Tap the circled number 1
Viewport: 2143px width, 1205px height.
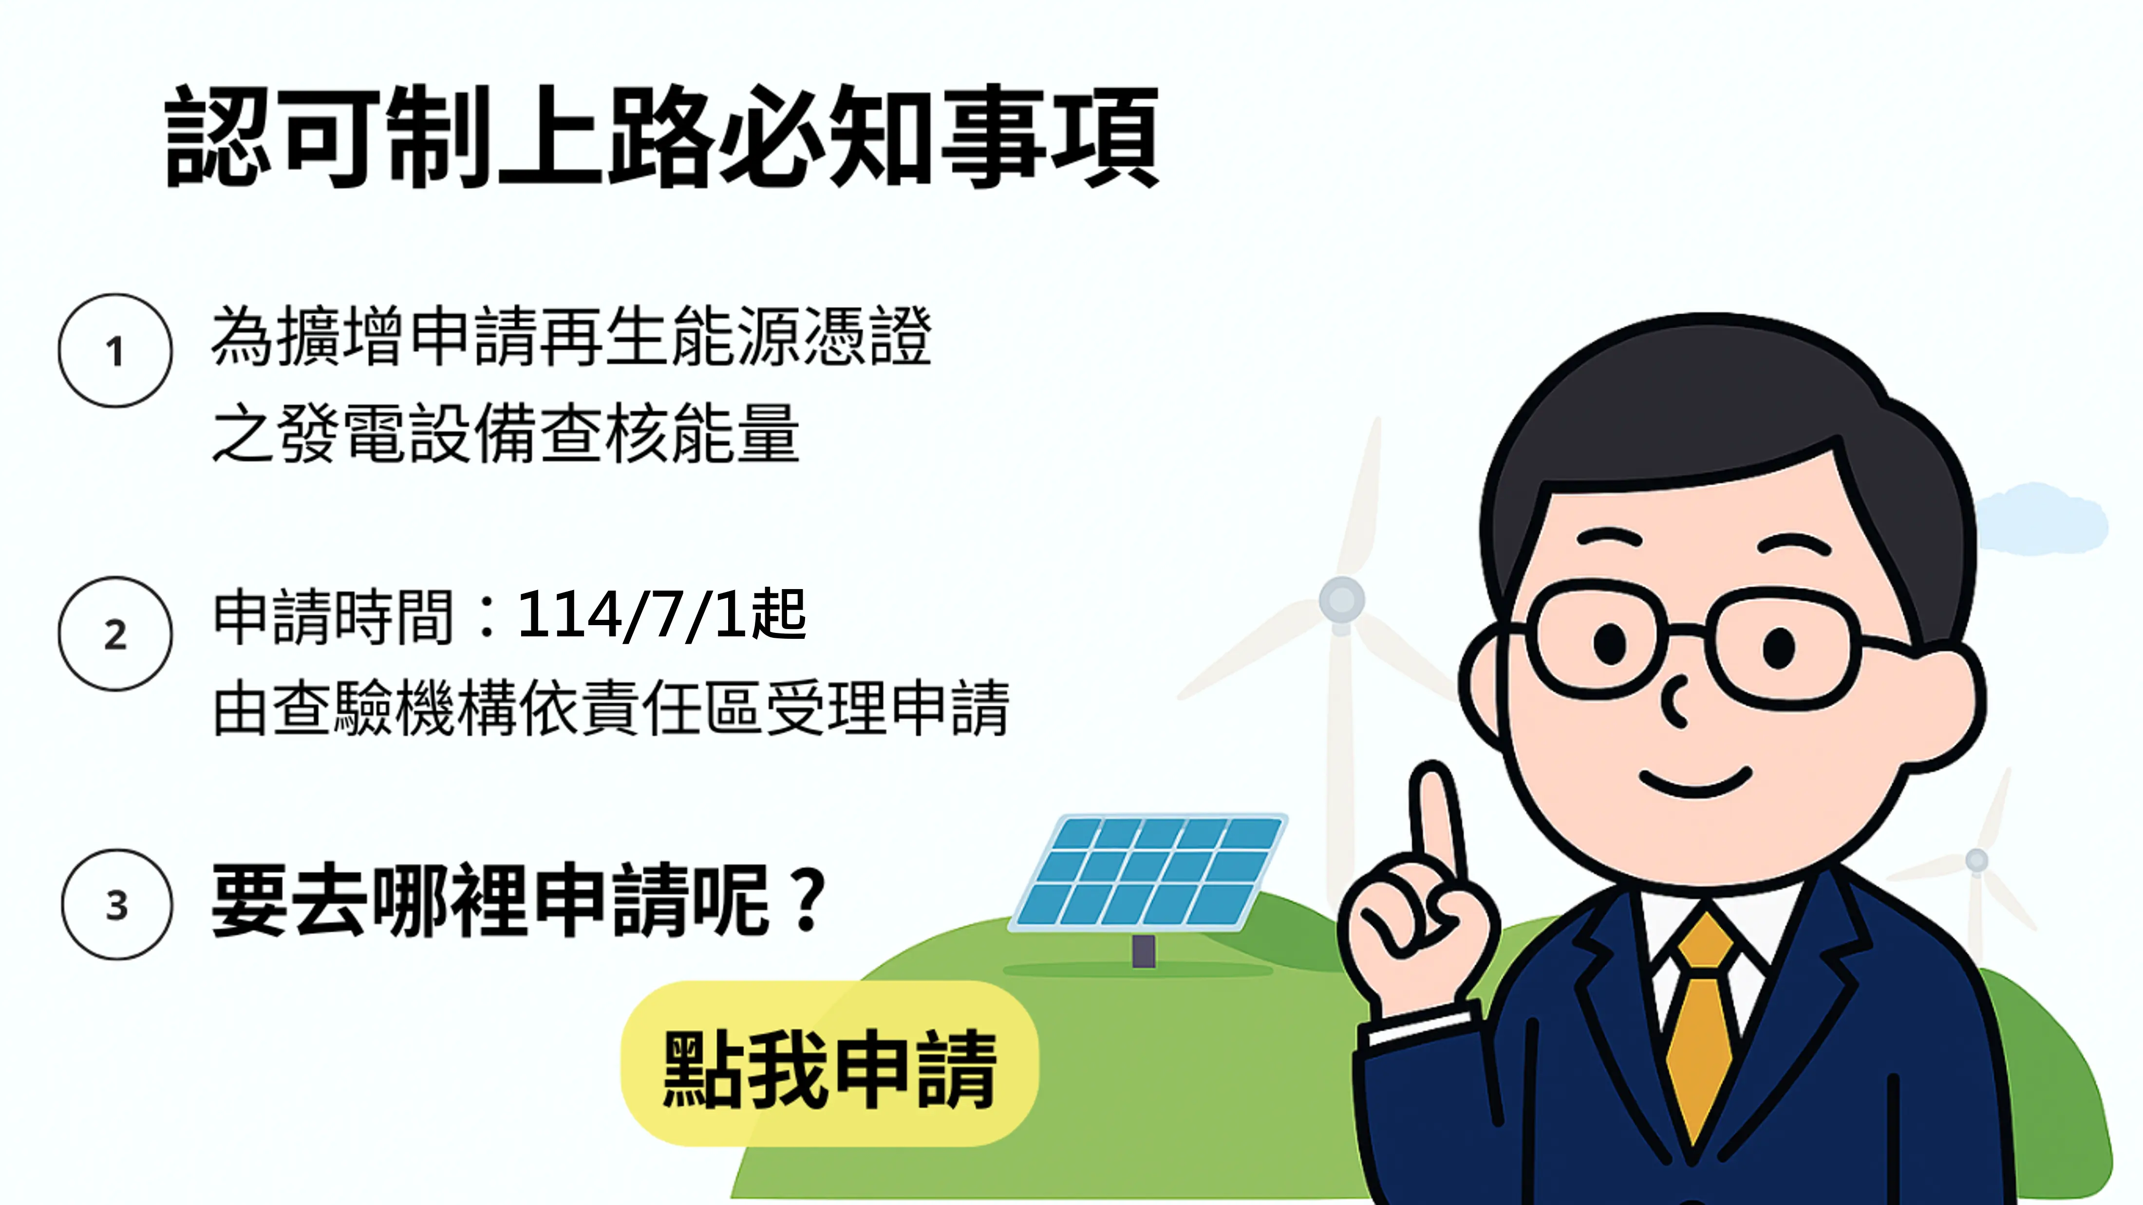pos(115,350)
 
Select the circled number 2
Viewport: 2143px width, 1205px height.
pos(115,634)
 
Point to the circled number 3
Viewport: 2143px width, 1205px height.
pos(117,904)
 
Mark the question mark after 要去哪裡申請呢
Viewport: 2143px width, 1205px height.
pos(808,899)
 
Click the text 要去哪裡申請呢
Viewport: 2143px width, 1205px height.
pos(491,901)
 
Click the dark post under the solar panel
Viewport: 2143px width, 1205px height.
pos(1144,950)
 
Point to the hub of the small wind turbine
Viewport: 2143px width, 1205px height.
pos(1976,860)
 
